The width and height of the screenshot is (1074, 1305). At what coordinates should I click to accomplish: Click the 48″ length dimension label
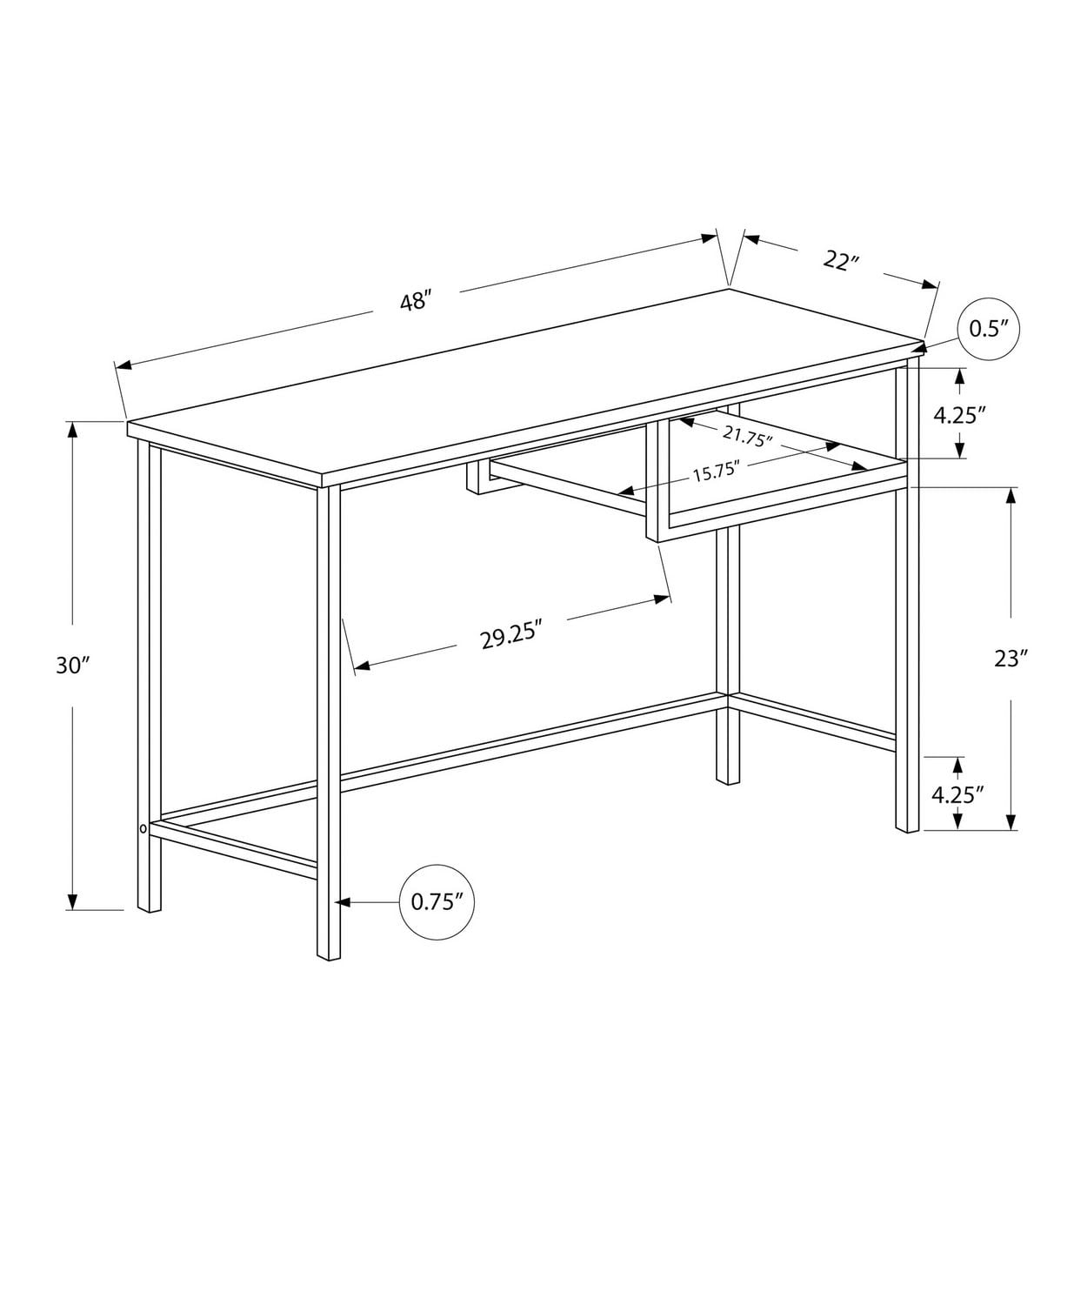(x=416, y=302)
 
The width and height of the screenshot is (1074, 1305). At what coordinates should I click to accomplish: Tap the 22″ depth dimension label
(x=840, y=260)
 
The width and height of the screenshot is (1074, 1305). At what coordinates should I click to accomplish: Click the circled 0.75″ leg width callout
(x=434, y=901)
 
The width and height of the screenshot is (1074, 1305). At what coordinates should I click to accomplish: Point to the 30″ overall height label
(x=73, y=666)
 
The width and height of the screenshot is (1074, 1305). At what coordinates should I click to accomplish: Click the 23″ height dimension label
(x=1011, y=659)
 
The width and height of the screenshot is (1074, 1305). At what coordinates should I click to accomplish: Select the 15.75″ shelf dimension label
(x=715, y=472)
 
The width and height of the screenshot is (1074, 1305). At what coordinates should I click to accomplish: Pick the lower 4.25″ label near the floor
(x=957, y=793)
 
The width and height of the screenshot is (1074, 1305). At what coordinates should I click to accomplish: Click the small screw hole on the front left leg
(x=143, y=829)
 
